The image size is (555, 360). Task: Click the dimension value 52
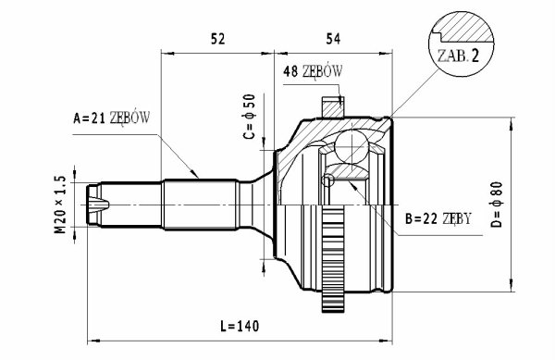click(x=217, y=39)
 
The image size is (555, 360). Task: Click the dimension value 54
click(x=333, y=39)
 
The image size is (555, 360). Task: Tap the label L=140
click(x=240, y=326)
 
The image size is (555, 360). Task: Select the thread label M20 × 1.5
click(x=60, y=205)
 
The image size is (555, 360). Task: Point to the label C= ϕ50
click(x=249, y=117)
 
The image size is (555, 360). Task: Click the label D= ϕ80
click(x=497, y=205)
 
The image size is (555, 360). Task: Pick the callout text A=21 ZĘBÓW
click(x=112, y=118)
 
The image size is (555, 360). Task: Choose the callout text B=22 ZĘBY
click(x=438, y=219)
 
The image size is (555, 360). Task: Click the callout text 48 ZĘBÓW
click(x=313, y=71)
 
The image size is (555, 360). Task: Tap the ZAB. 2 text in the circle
click(x=458, y=56)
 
